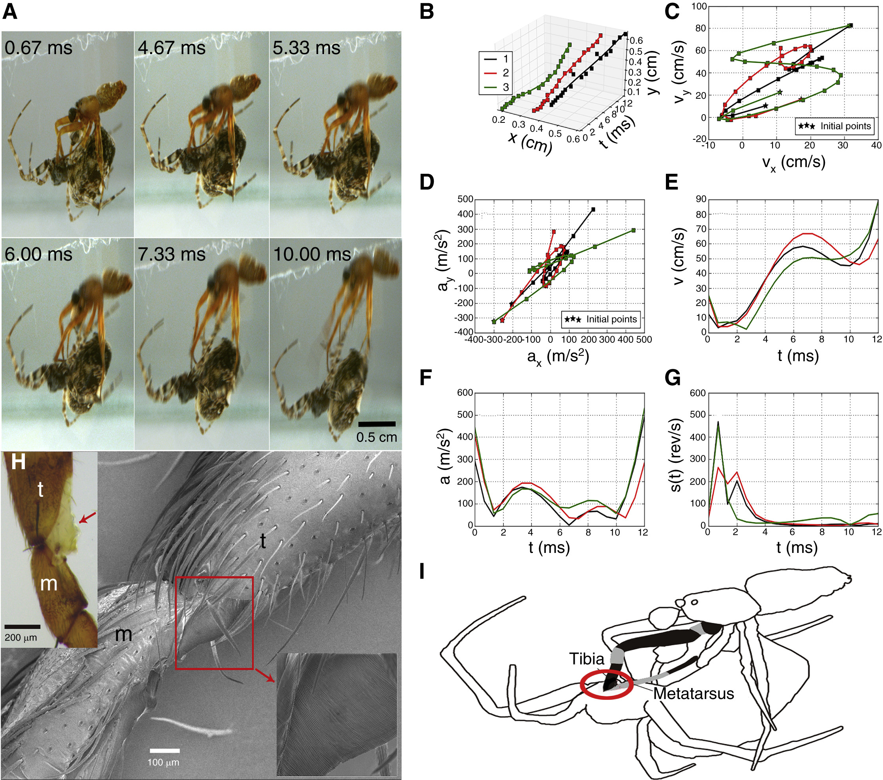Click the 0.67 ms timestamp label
tap(38, 47)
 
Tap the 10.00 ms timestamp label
tap(312, 254)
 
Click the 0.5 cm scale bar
tap(377, 424)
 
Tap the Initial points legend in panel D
tap(600, 320)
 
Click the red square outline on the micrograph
tap(214, 623)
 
